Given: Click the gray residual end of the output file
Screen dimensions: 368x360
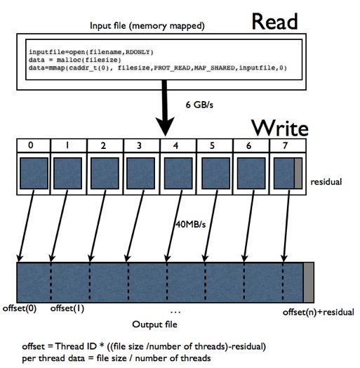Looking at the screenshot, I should (x=309, y=282).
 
